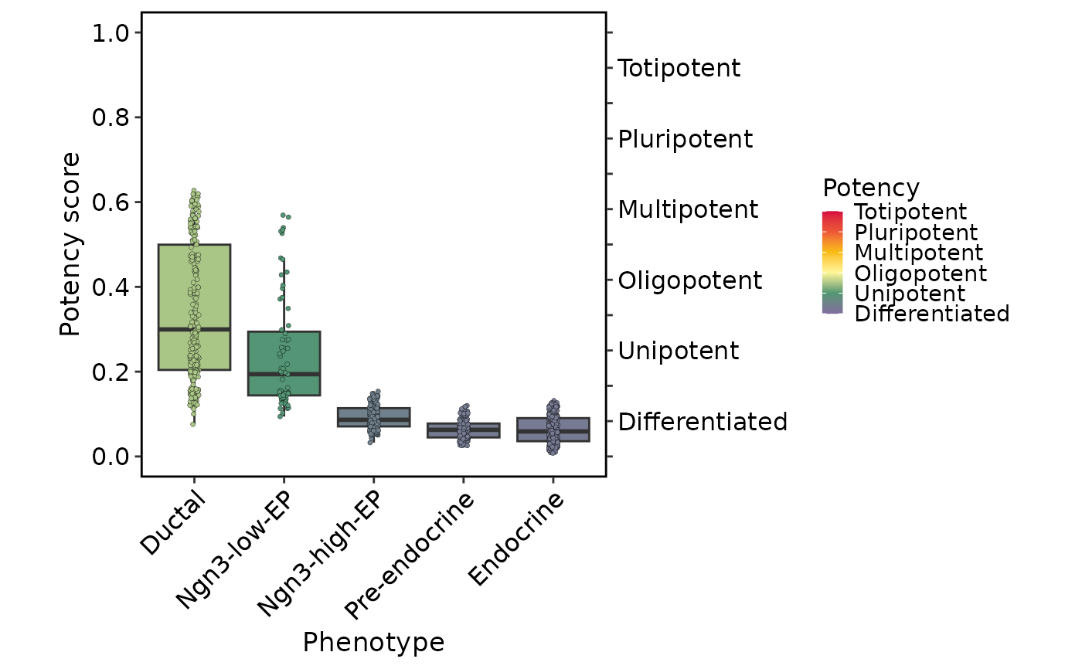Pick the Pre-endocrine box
(463, 430)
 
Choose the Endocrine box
(553, 430)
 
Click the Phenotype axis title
(373, 643)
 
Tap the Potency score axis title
(70, 244)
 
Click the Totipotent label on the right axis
(679, 68)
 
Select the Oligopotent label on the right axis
(690, 280)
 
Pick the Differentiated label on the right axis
(703, 422)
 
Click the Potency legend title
(871, 188)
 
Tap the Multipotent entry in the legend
(919, 253)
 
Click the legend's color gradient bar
(832, 263)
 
